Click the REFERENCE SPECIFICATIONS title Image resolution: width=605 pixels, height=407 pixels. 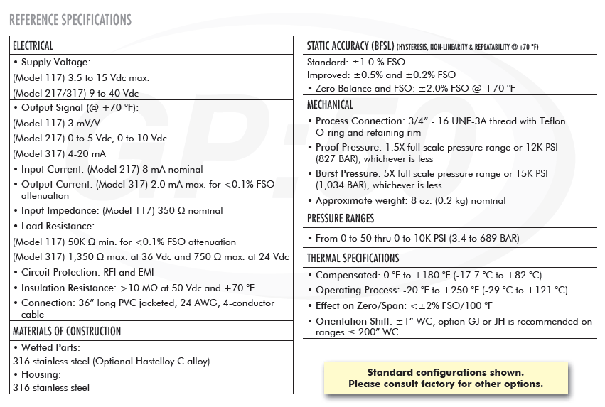click(x=70, y=19)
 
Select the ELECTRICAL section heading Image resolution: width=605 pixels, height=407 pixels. click(x=33, y=46)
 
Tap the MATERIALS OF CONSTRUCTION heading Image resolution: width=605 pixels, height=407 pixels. click(x=67, y=331)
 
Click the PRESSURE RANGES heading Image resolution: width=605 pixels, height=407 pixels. click(x=341, y=218)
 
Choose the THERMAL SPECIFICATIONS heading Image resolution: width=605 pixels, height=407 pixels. click(x=353, y=258)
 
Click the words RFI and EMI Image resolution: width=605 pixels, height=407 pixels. click(x=136, y=272)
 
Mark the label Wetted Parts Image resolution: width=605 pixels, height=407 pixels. click(x=50, y=347)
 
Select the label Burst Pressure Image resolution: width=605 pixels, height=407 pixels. click(x=346, y=174)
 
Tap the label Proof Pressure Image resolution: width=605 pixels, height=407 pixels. click(x=346, y=148)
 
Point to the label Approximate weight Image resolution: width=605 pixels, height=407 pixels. click(x=360, y=201)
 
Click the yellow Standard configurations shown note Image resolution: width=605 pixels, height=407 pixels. click(x=445, y=378)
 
